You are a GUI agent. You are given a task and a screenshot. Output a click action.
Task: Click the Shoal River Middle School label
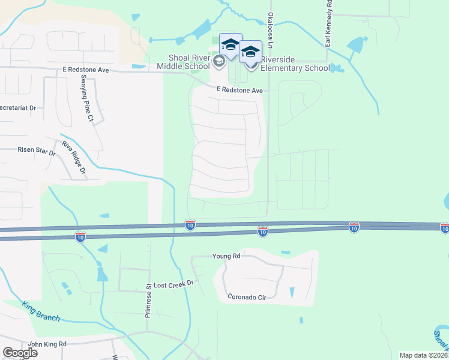(x=190, y=62)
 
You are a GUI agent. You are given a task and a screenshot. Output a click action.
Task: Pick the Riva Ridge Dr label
(x=74, y=159)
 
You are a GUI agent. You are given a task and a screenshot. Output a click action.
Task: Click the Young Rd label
(x=226, y=256)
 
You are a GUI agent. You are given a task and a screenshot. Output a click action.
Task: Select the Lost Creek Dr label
(x=175, y=283)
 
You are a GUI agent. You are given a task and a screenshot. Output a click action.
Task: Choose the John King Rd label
(x=47, y=344)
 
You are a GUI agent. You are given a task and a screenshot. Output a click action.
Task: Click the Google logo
(x=20, y=352)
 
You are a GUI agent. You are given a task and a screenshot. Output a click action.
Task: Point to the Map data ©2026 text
(x=424, y=355)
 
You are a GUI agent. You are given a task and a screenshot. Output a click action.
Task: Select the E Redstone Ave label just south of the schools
(x=240, y=90)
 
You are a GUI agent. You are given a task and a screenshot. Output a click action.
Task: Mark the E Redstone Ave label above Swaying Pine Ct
(x=86, y=70)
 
